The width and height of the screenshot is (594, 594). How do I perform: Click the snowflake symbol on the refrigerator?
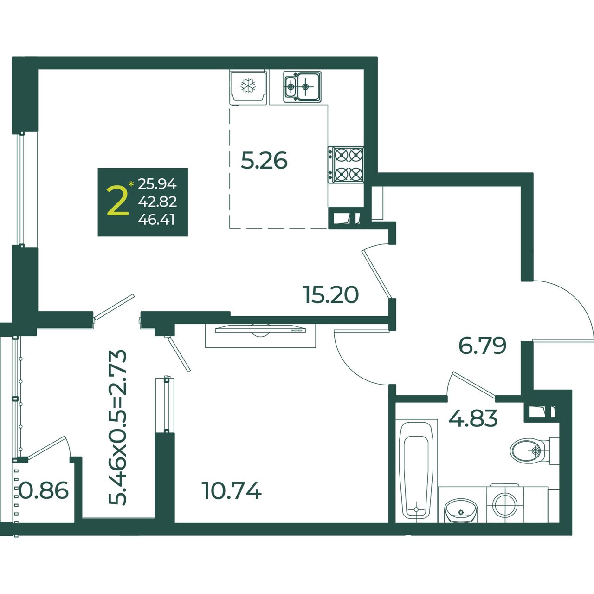[x=248, y=86]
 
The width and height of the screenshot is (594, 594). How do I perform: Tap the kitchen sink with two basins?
[x=302, y=86]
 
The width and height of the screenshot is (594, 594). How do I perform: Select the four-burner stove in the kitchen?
[x=346, y=164]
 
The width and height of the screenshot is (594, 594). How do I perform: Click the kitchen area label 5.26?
[x=264, y=160]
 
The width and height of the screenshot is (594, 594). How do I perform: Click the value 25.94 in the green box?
[x=157, y=184]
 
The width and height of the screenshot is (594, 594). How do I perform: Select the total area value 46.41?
[x=156, y=220]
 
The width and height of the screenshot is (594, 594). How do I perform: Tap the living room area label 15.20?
[x=331, y=295]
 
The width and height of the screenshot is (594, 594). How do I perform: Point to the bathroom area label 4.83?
[x=473, y=418]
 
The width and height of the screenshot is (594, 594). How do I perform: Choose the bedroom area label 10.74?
[x=232, y=490]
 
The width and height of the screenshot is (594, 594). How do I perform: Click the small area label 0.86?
[x=44, y=490]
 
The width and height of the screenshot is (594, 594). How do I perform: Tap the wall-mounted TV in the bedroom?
[x=260, y=330]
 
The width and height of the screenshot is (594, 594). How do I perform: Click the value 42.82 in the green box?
[x=157, y=202]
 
